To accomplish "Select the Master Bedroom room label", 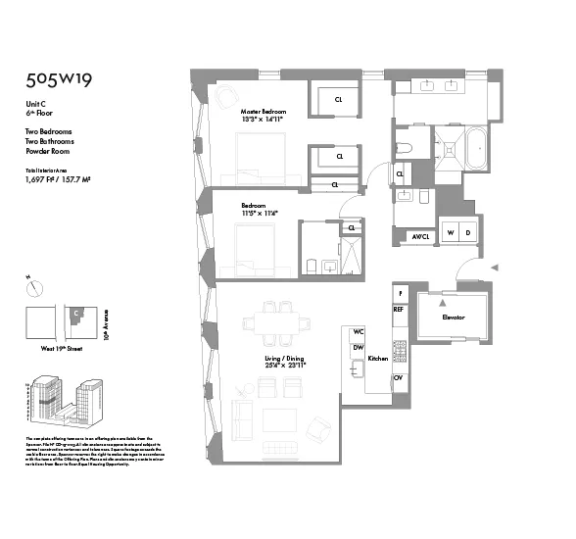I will click(x=264, y=112).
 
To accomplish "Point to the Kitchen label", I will click(x=377, y=360).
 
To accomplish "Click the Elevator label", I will click(x=453, y=318).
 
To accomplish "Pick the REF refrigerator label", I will click(x=399, y=309).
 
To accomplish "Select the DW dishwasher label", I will click(x=359, y=348).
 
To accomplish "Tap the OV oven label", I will click(x=399, y=377).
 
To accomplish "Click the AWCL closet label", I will click(x=421, y=236).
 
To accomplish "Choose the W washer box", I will click(x=451, y=232).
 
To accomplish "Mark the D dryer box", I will click(x=467, y=232).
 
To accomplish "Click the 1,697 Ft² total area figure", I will click(x=42, y=179).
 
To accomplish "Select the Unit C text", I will click(x=35, y=105).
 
